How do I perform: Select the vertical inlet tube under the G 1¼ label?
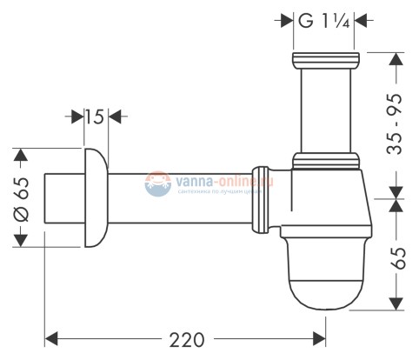click(324, 109)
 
